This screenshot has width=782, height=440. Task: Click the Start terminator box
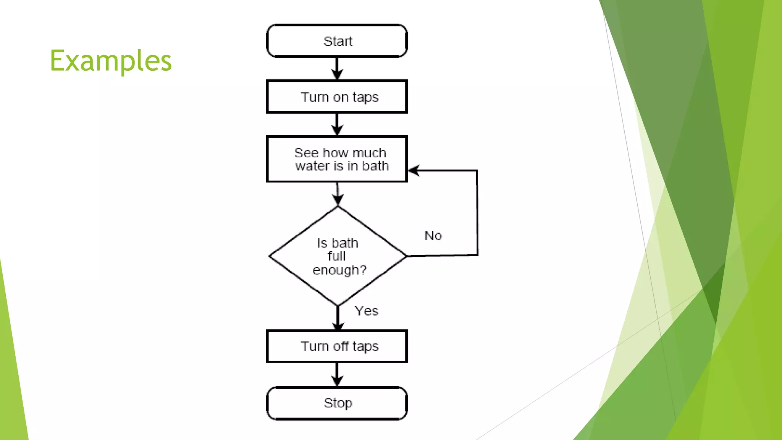pos(337,41)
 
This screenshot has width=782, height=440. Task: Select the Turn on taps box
pos(337,97)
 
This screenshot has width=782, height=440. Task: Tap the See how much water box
pos(337,159)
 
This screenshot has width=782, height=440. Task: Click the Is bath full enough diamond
pos(338,256)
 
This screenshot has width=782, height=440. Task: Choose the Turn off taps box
pos(337,346)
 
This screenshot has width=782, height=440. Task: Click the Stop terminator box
pos(337,403)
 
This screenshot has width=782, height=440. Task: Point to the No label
pos(433,236)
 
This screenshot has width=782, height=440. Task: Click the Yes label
pos(367,311)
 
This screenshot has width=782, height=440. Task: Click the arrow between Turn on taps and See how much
pos(337,124)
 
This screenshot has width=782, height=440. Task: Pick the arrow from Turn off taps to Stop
pos(337,374)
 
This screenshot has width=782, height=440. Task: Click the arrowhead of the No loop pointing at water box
pos(415,170)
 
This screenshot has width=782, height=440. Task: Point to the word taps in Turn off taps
pos(365,347)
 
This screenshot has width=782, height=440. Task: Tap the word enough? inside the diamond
pos(339,270)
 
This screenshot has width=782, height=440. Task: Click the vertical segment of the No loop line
pos(477,212)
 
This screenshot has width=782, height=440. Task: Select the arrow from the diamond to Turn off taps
pos(338,318)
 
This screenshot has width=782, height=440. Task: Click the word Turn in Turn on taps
pos(315,97)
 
